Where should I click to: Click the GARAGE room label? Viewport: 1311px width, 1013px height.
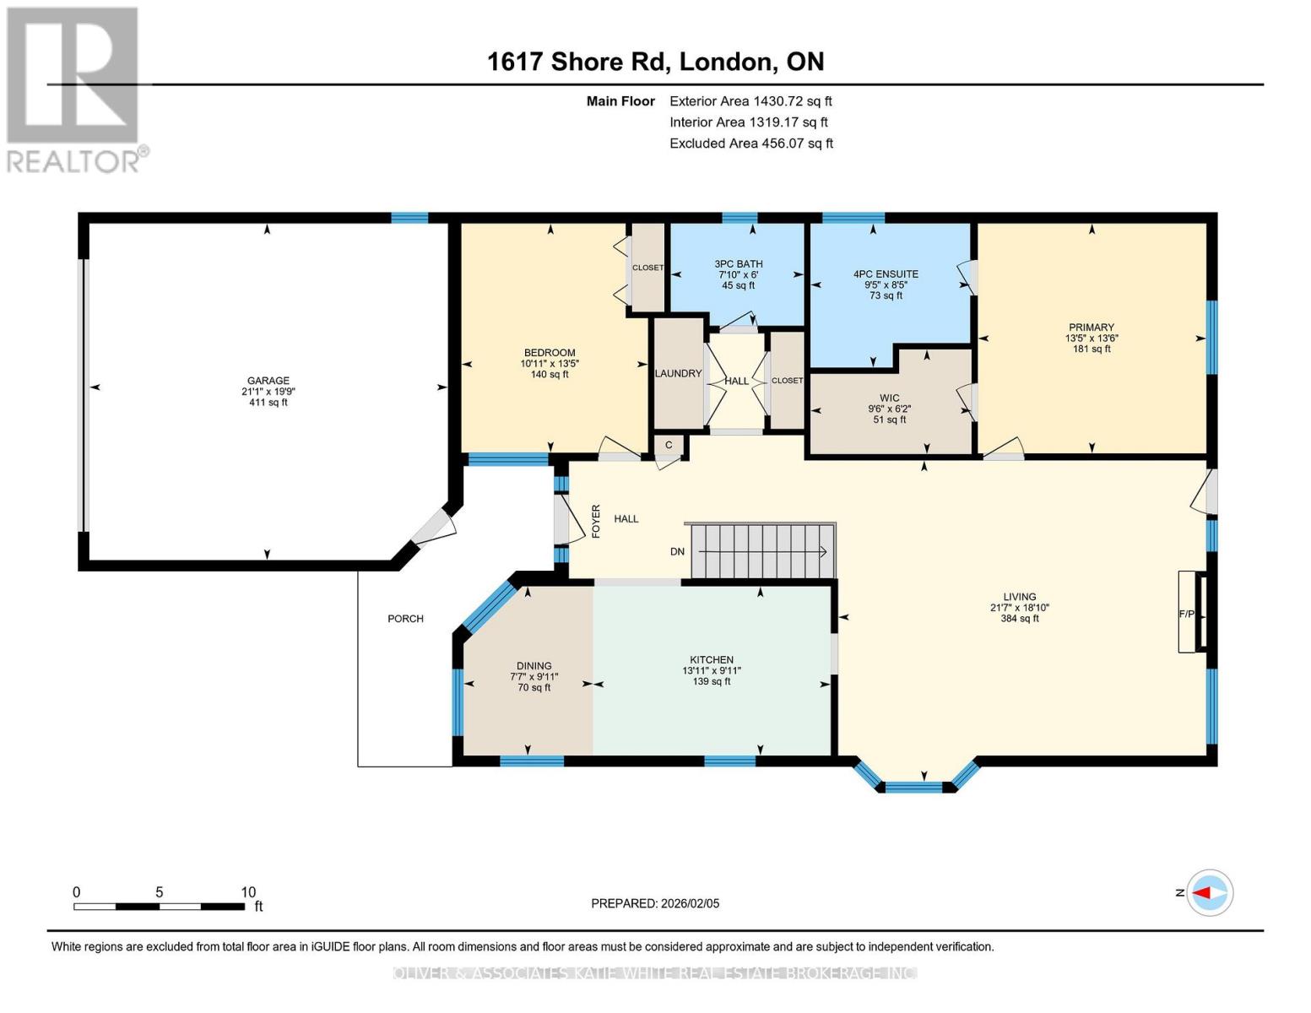click(x=268, y=381)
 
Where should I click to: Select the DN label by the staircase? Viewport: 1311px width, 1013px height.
click(x=677, y=551)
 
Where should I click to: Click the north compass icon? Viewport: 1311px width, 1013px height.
click(x=1209, y=892)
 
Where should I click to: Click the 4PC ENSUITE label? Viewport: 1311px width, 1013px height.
click(x=886, y=274)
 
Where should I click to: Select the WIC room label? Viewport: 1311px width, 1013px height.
click(x=889, y=398)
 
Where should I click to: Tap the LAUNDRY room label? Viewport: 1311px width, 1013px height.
click(x=678, y=373)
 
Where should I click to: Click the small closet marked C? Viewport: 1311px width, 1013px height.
click(x=669, y=445)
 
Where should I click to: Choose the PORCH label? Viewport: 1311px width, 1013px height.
click(x=405, y=619)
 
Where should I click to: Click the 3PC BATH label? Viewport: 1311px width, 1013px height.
click(x=738, y=264)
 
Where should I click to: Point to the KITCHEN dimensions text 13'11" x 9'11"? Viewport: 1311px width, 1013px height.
click(x=712, y=671)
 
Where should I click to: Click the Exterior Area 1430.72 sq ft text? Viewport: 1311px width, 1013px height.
click(x=750, y=101)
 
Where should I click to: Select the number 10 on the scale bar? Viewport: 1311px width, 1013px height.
click(x=247, y=892)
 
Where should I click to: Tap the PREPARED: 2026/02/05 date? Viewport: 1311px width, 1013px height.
click(x=655, y=903)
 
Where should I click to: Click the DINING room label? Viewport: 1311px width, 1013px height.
click(x=534, y=666)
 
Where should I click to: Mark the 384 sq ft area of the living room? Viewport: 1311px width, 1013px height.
click(x=1019, y=619)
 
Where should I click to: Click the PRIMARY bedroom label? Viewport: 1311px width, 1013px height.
click(x=1091, y=328)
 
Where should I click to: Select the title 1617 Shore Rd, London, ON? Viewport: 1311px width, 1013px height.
click(x=655, y=62)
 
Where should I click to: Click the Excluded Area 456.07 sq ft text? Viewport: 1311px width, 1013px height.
click(x=751, y=144)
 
